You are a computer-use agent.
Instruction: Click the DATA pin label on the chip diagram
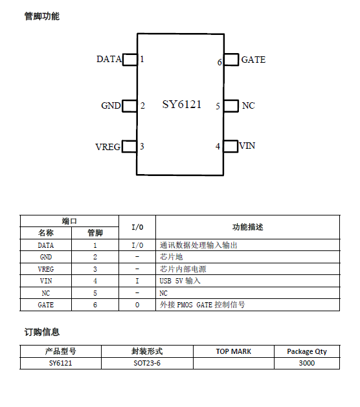click(109, 59)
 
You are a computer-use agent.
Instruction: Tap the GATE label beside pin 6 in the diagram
click(253, 60)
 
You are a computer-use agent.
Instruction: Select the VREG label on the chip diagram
click(107, 147)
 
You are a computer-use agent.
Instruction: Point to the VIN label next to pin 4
click(247, 146)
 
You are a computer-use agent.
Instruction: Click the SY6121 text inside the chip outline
click(182, 104)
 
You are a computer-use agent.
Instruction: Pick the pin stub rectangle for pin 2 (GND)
click(129, 106)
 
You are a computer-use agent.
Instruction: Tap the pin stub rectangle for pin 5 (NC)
click(231, 106)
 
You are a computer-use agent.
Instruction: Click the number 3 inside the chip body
click(142, 146)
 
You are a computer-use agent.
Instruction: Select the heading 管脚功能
click(42, 16)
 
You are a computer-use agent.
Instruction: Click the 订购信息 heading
click(42, 332)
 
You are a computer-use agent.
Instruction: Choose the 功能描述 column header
click(247, 227)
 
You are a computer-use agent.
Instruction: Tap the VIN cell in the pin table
click(46, 281)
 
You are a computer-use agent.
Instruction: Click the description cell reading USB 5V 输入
click(180, 281)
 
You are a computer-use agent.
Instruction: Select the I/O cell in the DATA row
click(137, 245)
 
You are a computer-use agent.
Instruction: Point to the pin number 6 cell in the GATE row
click(95, 305)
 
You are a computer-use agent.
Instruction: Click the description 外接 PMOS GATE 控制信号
click(202, 305)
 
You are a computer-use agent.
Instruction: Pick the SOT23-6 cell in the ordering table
click(147, 363)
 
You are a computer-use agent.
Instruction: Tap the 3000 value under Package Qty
click(307, 363)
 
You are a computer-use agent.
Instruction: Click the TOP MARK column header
click(234, 351)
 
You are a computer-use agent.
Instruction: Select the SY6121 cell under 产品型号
click(60, 363)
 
